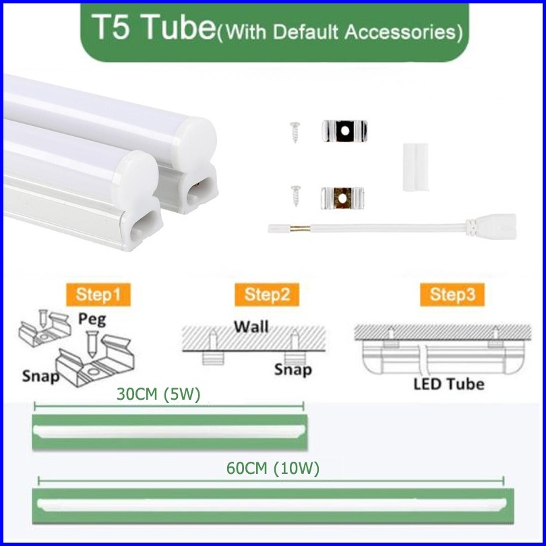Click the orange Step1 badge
click(x=98, y=295)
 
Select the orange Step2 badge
click(x=267, y=295)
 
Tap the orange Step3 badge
click(x=452, y=295)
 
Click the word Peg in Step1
click(x=92, y=320)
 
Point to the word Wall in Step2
click(x=251, y=327)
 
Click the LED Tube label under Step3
click(x=449, y=384)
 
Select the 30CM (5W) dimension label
click(x=158, y=394)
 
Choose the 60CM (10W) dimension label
click(x=272, y=468)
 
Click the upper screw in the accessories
click(x=295, y=132)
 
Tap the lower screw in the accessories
click(x=296, y=195)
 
